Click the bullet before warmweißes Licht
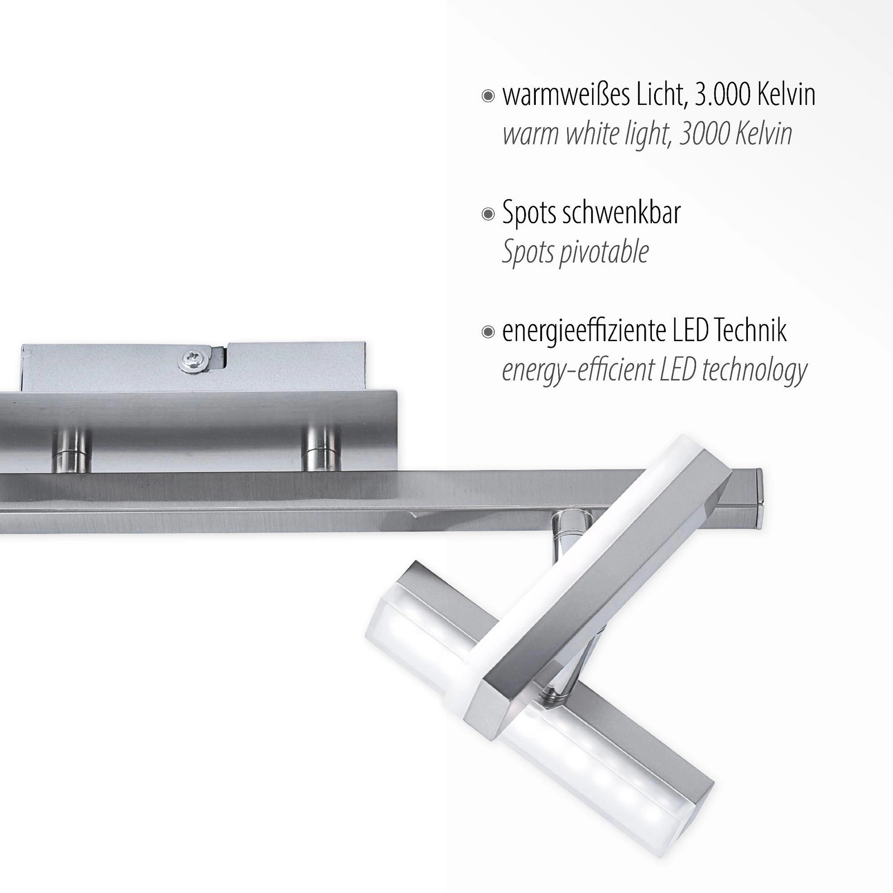(x=488, y=97)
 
